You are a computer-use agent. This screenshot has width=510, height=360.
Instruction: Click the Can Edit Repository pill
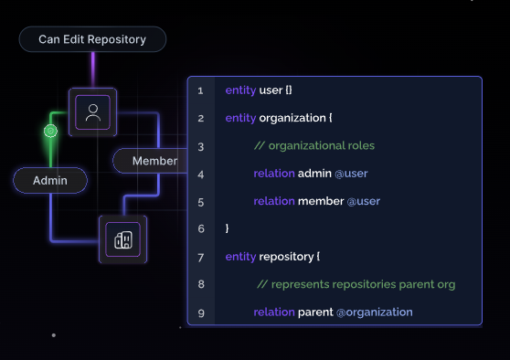click(92, 39)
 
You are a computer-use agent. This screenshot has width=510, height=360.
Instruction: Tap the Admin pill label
click(50, 181)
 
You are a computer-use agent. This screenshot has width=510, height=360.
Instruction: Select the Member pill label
click(150, 161)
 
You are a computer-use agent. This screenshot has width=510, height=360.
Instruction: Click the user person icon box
click(92, 112)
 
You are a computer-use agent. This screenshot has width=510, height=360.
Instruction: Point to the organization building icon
click(123, 239)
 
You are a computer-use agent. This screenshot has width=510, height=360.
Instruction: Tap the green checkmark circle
click(51, 131)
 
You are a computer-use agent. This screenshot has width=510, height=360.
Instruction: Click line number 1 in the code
click(200, 90)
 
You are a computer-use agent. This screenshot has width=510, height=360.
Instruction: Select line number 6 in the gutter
click(201, 229)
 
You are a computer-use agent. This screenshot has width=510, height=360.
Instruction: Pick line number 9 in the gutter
click(201, 313)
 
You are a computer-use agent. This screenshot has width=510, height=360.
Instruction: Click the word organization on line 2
click(292, 118)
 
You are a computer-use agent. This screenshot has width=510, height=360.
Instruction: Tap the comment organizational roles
click(314, 145)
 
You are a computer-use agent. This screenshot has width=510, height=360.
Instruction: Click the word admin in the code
click(314, 174)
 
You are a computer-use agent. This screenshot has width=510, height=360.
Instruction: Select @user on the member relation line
click(364, 201)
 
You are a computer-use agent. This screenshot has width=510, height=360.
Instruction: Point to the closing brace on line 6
click(227, 228)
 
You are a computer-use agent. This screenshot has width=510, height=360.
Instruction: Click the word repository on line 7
click(286, 257)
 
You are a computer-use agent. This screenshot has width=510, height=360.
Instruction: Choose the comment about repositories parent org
click(356, 284)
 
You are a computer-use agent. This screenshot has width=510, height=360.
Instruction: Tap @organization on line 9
click(375, 312)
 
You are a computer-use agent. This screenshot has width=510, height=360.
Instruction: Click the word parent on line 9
click(315, 312)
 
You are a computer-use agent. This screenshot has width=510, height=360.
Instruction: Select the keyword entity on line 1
click(240, 90)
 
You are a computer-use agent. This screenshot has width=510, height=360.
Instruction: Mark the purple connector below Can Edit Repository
click(93, 70)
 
